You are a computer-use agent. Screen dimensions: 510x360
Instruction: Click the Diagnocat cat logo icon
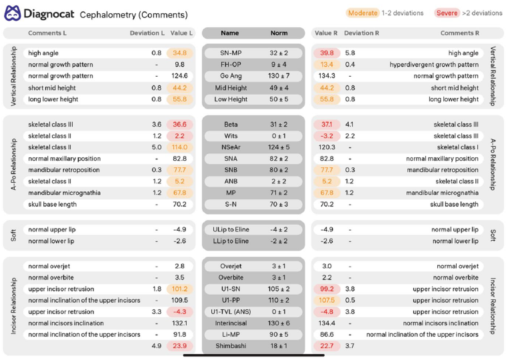pyautogui.click(x=13, y=13)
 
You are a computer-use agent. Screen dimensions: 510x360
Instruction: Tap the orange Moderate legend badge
pyautogui.click(x=363, y=13)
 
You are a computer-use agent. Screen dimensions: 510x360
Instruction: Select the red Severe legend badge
pyautogui.click(x=447, y=13)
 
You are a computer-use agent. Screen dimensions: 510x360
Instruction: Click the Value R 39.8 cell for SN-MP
pyautogui.click(x=327, y=53)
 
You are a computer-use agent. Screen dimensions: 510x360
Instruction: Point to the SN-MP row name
pyautogui.click(x=231, y=53)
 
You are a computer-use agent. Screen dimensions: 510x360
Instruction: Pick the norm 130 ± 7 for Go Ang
pyautogui.click(x=279, y=76)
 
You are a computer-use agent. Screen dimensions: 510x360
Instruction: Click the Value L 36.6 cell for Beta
pyautogui.click(x=179, y=125)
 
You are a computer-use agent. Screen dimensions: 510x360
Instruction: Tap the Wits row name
pyautogui.click(x=231, y=136)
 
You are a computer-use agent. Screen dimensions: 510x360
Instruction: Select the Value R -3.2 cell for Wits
pyautogui.click(x=327, y=136)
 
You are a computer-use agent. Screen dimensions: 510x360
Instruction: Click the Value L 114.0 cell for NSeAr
pyautogui.click(x=179, y=147)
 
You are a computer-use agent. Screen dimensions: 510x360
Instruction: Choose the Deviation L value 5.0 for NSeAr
pyautogui.click(x=157, y=147)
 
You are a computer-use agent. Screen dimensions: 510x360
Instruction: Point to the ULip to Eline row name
pyautogui.click(x=231, y=229)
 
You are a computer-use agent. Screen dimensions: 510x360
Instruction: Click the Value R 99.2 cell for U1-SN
pyautogui.click(x=327, y=289)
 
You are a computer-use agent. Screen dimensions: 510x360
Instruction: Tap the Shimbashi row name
pyautogui.click(x=231, y=346)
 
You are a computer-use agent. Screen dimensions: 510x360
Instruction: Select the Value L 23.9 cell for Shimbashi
pyautogui.click(x=179, y=346)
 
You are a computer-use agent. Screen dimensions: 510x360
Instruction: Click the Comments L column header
pyautogui.click(x=47, y=33)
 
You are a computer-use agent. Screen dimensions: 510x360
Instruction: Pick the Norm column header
pyautogui.click(x=279, y=33)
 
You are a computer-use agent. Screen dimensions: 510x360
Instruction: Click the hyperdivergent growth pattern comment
pyautogui.click(x=434, y=65)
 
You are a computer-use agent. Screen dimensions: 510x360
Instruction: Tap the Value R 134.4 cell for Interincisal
pyautogui.click(x=327, y=323)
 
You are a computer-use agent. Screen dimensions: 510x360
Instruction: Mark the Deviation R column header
pyautogui.click(x=361, y=33)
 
